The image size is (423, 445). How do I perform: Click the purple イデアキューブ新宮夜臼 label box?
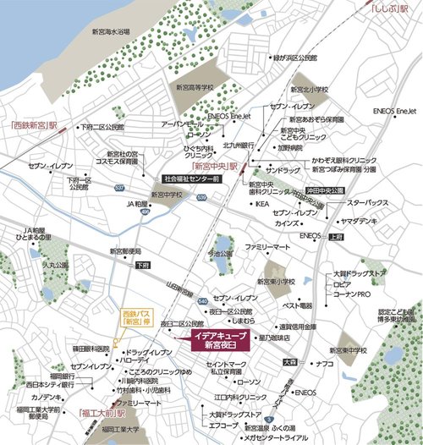(215, 338)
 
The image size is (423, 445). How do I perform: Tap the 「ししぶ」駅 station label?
(391, 11)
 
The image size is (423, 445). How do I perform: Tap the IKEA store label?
(262, 204)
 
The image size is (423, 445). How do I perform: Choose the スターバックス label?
(367, 203)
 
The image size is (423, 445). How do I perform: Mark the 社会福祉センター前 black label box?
(191, 180)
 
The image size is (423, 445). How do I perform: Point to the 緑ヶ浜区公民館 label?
(294, 59)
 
